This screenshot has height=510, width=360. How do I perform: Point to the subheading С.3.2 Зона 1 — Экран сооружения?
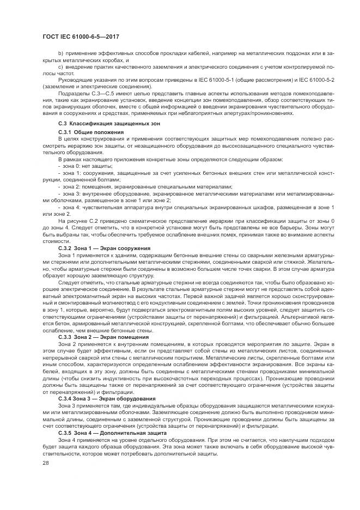[103, 248]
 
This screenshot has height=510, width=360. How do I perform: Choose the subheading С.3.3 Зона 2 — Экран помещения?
[102, 338]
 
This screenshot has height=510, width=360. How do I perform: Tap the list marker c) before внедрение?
[60, 66]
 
